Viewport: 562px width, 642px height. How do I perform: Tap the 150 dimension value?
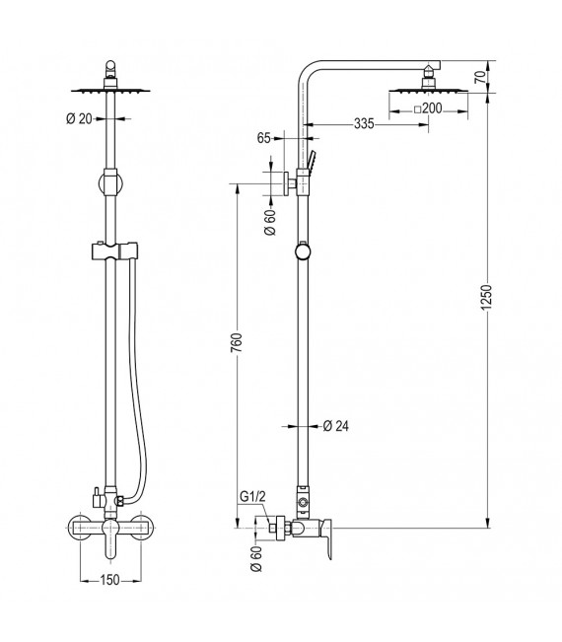point(109,580)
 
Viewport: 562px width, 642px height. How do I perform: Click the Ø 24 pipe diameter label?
point(338,426)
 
